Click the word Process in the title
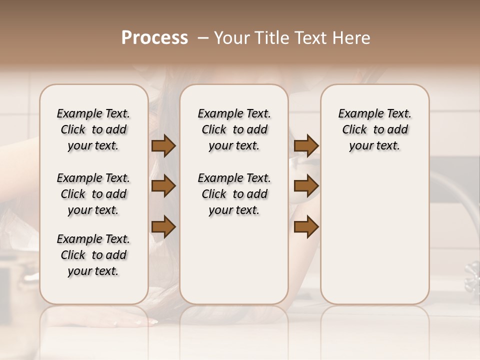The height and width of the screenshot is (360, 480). click(154, 38)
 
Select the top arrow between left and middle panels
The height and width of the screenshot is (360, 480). click(163, 146)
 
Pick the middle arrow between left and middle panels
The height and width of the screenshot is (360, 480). click(163, 186)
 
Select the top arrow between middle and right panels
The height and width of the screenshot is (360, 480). click(306, 146)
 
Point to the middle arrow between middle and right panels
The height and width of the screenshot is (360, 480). click(306, 186)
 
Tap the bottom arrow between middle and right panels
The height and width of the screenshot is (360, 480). click(306, 227)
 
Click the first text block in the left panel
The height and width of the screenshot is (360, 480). click(93, 129)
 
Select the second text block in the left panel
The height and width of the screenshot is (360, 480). click(93, 194)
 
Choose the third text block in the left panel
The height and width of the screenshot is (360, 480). click(93, 255)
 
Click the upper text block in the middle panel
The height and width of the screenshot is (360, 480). click(234, 129)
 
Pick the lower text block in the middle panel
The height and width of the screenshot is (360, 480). click(234, 194)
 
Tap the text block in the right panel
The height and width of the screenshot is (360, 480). click(374, 129)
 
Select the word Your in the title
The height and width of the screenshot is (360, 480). click(229, 38)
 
